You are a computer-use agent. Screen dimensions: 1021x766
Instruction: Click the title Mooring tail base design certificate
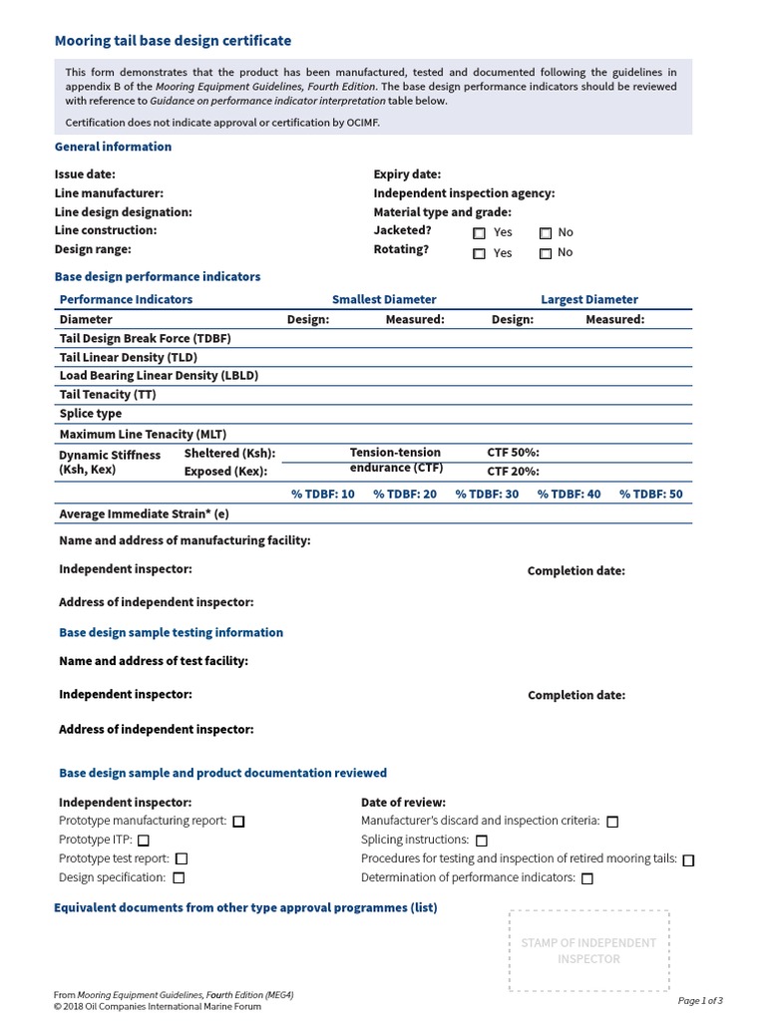173,41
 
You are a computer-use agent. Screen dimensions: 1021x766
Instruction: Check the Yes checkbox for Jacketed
479,233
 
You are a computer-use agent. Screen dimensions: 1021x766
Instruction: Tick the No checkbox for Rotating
546,253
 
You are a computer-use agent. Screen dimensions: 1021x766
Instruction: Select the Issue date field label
85,174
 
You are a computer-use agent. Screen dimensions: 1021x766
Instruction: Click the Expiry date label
407,174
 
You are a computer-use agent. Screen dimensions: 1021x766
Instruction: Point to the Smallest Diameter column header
384,299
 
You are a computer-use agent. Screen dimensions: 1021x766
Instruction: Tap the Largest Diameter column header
588,299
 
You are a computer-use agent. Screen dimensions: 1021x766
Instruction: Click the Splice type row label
91,414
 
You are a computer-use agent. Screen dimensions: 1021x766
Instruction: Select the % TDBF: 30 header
487,495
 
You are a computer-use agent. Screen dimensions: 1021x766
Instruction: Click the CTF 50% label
513,453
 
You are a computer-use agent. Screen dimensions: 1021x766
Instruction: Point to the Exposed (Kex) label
229,472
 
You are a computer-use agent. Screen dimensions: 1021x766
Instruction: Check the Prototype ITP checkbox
144,841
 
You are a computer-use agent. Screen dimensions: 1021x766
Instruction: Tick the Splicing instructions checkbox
482,841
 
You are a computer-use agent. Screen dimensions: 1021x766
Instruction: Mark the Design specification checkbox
179,878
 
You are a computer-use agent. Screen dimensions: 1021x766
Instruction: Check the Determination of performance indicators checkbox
586,878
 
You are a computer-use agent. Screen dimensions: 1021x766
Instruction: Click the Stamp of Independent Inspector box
588,950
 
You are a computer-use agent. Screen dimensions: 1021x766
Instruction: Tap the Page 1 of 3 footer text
700,1000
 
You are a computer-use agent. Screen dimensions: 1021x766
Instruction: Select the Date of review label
403,803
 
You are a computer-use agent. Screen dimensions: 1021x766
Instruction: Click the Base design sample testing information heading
171,633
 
